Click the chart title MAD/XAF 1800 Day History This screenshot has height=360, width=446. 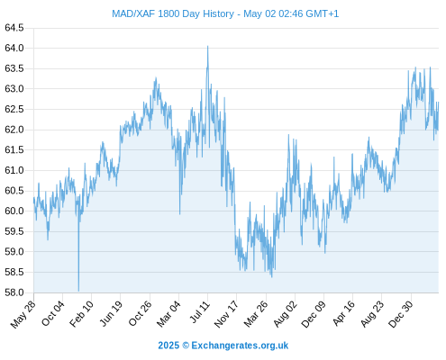pos(173,13)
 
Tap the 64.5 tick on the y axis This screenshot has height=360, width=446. pos(14,28)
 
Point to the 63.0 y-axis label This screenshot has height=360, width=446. pos(14,89)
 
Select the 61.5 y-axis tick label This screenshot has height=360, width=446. pos(14,149)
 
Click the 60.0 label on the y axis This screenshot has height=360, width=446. pos(14,211)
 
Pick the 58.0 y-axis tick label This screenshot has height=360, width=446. pos(14,292)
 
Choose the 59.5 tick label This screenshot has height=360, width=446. pos(14,231)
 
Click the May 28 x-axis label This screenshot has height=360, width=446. pos(23,314)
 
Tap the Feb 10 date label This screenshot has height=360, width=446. pos(81,313)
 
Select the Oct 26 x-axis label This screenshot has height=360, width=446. pos(140,313)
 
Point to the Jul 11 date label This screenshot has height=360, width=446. pos(199,312)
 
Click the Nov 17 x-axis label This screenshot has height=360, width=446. pos(226,314)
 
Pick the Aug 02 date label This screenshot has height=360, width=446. pos(285,314)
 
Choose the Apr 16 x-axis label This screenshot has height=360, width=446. pos(343,313)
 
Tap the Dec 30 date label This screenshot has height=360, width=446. pos(401,314)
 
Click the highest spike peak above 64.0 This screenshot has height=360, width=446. pos(207,47)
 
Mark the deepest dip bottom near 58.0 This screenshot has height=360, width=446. pos(78,291)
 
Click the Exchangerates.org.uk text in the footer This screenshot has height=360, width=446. pos(240,346)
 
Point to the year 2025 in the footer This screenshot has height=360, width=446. pos(168,346)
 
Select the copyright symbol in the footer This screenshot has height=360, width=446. pos(186,346)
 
